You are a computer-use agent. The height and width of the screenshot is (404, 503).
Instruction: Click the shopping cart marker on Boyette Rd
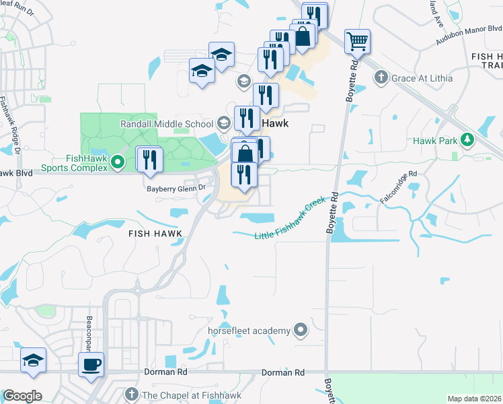click(357, 41)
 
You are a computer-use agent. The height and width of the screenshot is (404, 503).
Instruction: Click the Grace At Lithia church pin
click(380, 78)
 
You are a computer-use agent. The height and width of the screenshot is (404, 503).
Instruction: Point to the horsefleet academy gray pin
click(300, 331)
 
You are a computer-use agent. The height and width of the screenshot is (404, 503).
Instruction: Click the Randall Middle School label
click(167, 124)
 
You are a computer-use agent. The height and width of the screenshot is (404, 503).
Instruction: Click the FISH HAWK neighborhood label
click(155, 233)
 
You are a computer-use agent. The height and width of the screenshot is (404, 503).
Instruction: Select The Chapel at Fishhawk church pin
click(132, 395)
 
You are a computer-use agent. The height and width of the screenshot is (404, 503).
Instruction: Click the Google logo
click(22, 396)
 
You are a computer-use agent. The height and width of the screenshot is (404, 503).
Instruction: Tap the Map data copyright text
click(473, 399)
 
